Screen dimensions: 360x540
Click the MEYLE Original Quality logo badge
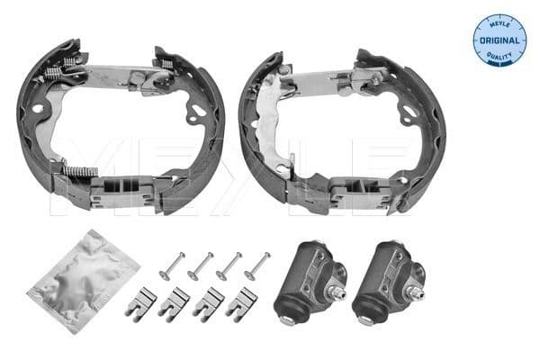(499, 40)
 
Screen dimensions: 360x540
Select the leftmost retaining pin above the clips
(171, 265)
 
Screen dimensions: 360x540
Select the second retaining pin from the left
(201, 265)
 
